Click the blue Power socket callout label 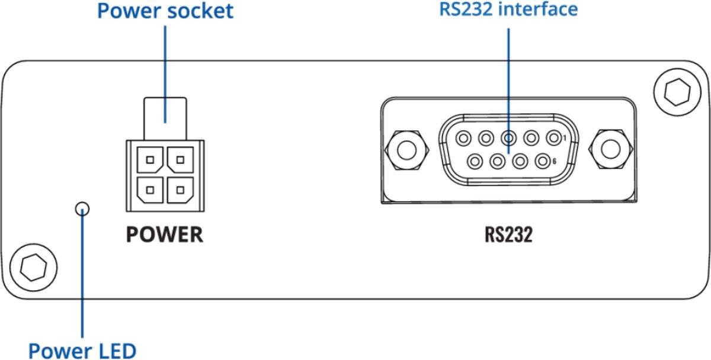tap(165, 11)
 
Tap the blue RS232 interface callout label tap(508, 9)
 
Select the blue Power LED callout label tap(82, 350)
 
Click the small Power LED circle tap(83, 208)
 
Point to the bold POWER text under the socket tap(164, 234)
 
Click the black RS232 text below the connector tap(508, 234)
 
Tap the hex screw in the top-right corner tap(675, 91)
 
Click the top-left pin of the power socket tap(150, 159)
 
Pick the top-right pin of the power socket tap(180, 159)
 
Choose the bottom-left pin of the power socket tap(150, 190)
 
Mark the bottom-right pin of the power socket tap(180, 190)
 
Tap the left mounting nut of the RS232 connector tap(407, 150)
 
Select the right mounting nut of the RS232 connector tap(609, 150)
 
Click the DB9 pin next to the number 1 tap(553, 139)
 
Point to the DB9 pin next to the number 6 tap(542, 160)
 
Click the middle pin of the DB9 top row tap(508, 139)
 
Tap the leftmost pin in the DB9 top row tap(463, 139)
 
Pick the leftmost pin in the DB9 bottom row tap(475, 160)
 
